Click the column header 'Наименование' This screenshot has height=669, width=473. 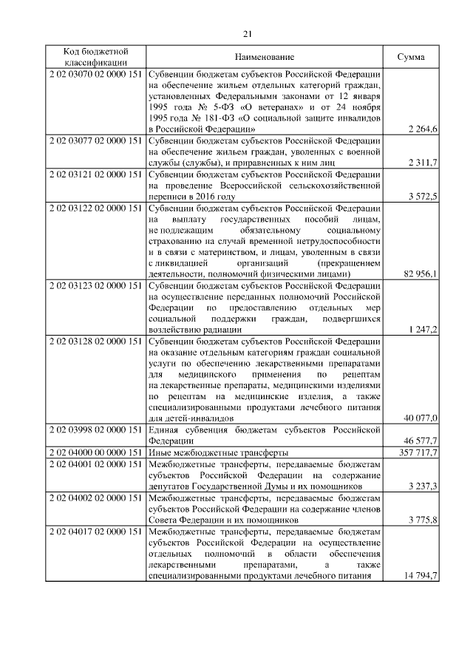coord(265,57)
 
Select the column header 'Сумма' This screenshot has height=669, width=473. coord(410,57)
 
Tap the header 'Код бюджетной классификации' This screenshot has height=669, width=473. coord(95,57)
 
